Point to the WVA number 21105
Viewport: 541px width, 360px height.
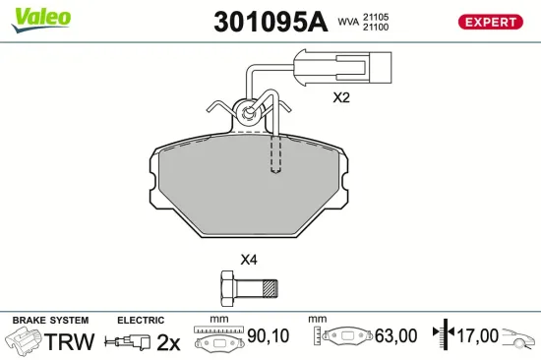[x=378, y=17]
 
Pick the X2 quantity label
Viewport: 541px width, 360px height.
[x=341, y=97]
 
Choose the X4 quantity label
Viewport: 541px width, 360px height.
[x=249, y=261]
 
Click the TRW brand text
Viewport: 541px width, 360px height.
[x=71, y=341]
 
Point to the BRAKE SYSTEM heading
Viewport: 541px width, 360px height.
[x=50, y=321]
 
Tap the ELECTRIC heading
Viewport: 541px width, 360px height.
[x=140, y=321]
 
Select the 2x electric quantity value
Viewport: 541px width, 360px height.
[x=168, y=342]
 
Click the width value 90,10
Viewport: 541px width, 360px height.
[x=267, y=336]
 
